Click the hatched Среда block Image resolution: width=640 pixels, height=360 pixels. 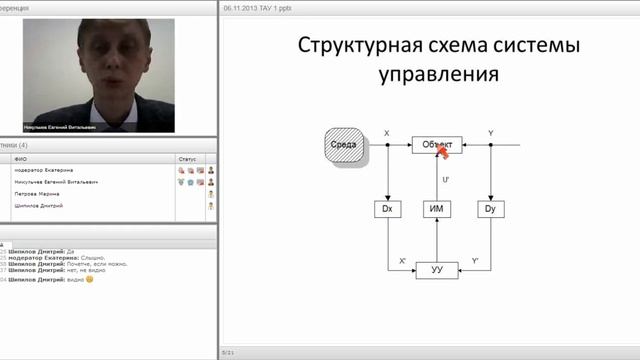[x=344, y=145]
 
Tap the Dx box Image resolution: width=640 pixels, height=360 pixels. [x=387, y=209]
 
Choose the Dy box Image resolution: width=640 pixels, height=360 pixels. [x=489, y=209]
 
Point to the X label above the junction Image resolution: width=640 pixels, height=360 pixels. [x=387, y=133]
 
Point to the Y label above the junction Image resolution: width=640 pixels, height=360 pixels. [x=490, y=133]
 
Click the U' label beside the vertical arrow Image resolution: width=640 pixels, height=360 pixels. [x=445, y=179]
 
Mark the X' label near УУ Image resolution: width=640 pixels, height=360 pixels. [x=402, y=261]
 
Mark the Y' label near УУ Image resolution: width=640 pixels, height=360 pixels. [x=475, y=261]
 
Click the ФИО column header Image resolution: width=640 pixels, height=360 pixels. [x=20, y=158]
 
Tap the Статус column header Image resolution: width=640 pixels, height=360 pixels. [x=187, y=158]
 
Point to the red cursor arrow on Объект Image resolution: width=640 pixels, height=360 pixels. [x=442, y=151]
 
